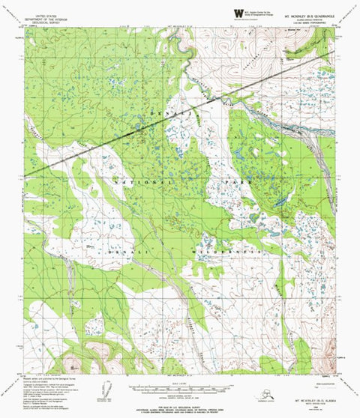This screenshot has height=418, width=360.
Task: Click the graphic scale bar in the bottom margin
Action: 180,387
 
